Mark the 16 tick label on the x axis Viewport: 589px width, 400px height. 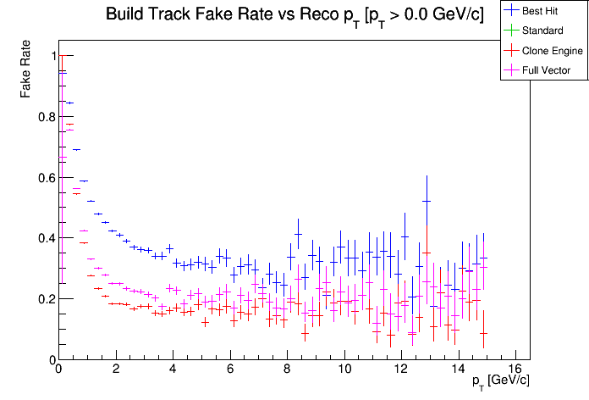516,369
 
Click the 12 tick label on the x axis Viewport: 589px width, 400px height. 401,369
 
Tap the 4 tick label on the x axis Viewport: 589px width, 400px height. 173,369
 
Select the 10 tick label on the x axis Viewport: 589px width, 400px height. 344,369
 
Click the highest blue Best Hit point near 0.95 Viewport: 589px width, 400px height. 62,72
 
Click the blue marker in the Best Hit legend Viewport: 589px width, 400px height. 511,11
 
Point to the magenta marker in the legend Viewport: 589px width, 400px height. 511,70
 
